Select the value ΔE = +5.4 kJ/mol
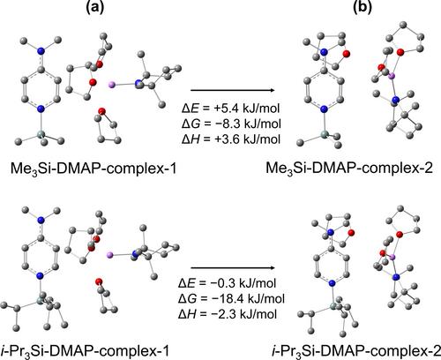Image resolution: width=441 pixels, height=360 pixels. [230, 109]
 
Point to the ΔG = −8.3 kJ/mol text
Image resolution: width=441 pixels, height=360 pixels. [231, 124]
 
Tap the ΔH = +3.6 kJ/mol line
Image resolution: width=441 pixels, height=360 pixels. [231, 139]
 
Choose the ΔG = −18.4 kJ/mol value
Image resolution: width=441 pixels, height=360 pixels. [231, 298]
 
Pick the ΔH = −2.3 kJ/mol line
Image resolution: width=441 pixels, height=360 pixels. [228, 314]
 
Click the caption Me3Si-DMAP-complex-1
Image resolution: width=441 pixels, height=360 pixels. [93, 169]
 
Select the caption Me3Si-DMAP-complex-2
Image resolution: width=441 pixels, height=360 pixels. [349, 169]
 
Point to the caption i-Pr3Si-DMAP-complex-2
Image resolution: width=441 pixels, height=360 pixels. [356, 350]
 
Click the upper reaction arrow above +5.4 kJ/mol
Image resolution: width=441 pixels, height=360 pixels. [233, 90]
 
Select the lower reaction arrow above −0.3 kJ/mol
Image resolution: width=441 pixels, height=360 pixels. [233, 268]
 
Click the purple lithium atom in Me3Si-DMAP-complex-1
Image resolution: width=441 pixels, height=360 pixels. [112, 86]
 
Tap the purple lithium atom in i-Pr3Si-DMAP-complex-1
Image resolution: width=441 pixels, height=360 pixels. [109, 255]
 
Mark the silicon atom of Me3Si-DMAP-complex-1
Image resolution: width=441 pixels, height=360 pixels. [41, 135]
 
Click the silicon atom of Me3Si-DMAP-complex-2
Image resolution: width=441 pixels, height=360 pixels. [325, 134]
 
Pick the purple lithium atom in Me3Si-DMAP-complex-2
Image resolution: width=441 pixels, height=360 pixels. [392, 77]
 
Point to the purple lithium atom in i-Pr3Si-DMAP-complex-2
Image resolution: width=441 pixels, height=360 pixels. [392, 258]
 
